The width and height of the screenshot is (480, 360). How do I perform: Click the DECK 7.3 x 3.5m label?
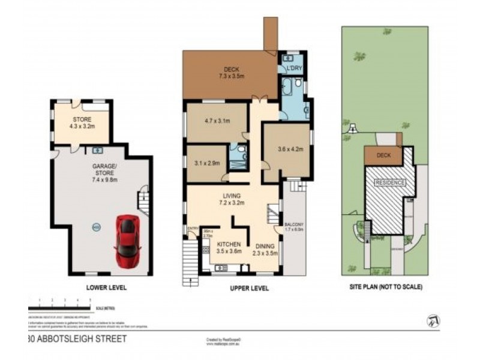click(x=232, y=73)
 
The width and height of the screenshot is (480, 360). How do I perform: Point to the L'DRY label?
click(x=294, y=68)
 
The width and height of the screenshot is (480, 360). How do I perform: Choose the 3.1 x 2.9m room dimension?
click(x=207, y=163)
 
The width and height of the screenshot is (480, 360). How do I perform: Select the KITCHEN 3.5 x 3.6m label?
click(x=229, y=248)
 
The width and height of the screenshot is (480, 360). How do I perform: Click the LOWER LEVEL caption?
click(x=107, y=287)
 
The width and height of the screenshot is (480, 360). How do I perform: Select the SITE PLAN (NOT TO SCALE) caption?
click(x=386, y=287)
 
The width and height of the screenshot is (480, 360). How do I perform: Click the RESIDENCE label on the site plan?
click(x=390, y=182)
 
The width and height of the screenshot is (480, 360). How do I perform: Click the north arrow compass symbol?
click(x=432, y=322)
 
